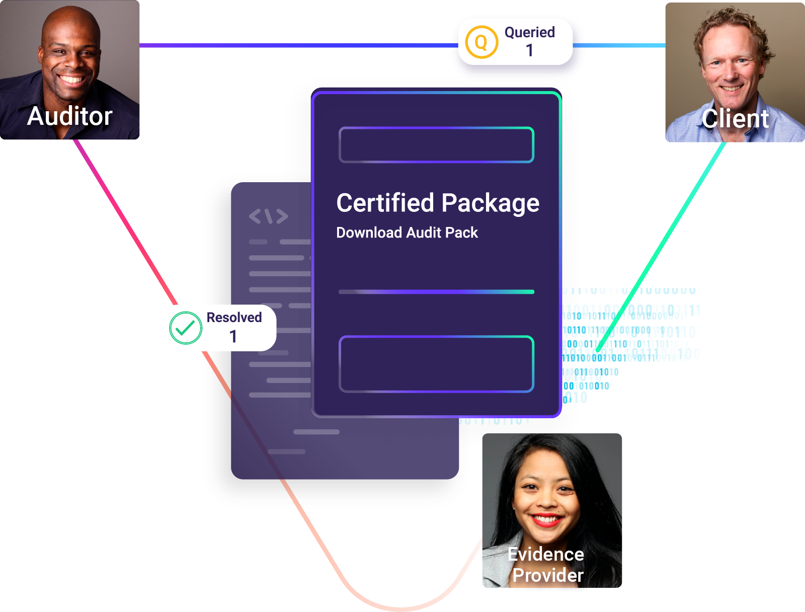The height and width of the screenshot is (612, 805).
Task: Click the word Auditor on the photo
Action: pos(69,116)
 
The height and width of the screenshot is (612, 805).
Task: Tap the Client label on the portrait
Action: pos(735,119)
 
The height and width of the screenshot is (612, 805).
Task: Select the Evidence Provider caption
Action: pos(546,565)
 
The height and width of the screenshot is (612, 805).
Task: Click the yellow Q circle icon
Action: pos(481,42)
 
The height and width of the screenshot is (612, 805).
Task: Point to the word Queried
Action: pos(529,32)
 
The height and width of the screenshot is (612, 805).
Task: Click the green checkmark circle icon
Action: pos(186,328)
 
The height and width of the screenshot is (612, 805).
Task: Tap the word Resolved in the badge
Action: pos(234,318)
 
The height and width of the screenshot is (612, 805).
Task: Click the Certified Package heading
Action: pos(437,203)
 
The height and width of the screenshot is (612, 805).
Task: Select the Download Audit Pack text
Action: pos(407,233)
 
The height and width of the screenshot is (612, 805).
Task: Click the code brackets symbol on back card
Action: pos(268,216)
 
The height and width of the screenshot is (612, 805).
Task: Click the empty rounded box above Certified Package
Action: pos(436,145)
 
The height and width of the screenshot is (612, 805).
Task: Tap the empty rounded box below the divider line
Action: pos(436,364)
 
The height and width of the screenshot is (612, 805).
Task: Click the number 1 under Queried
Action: pos(529,50)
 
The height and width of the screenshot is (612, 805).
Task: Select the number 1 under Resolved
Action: pos(233,336)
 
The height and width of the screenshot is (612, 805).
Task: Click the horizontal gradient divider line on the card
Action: pos(436,292)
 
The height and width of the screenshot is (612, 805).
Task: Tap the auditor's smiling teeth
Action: pos(71,80)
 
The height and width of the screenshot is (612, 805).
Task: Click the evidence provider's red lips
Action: pos(546,519)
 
